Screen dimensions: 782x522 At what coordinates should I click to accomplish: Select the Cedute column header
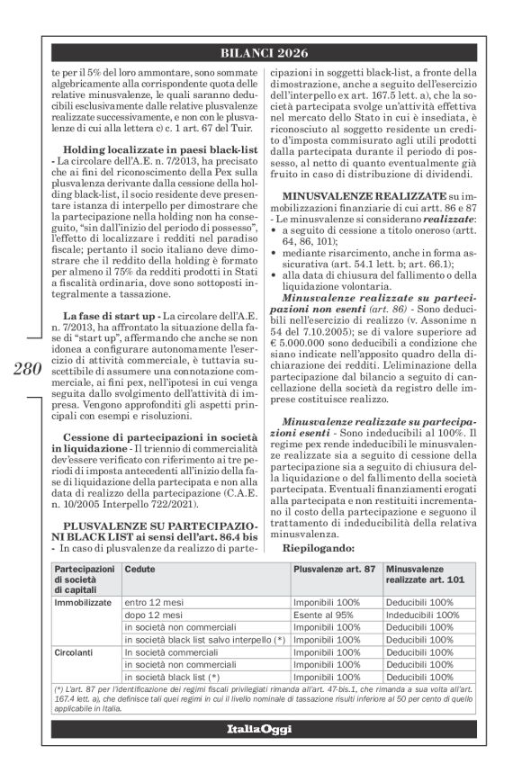tap(139, 570)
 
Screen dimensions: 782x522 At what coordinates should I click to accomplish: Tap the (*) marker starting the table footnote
tap(59, 689)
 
